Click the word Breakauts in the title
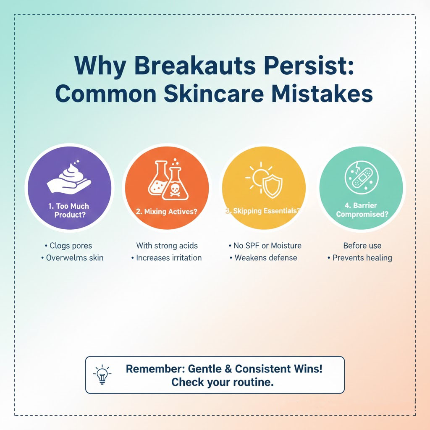(195, 66)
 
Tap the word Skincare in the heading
(214, 94)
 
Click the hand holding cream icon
(69, 178)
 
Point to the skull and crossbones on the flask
(175, 190)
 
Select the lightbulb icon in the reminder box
(102, 374)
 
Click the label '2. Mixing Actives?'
(166, 212)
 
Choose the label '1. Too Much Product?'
(69, 210)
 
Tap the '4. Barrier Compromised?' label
(362, 210)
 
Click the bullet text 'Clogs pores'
(68, 245)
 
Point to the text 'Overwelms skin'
(72, 258)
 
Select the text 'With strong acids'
(167, 245)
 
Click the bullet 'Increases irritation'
(166, 258)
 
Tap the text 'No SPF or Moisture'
(265, 245)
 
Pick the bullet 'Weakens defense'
(263, 258)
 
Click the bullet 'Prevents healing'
(359, 258)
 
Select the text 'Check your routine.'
(223, 382)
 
